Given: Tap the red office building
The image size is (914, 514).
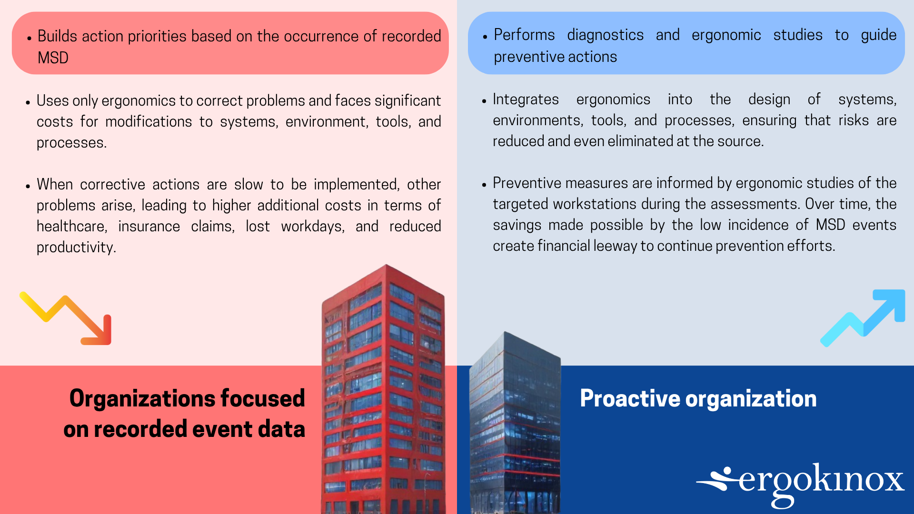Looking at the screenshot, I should point(383,390).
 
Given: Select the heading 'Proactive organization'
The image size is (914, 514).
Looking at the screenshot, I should point(698,398).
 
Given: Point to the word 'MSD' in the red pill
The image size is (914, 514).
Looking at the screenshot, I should point(53,58).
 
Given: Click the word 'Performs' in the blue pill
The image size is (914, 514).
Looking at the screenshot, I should point(524,35).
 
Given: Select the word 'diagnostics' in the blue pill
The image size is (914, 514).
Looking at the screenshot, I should point(605,35).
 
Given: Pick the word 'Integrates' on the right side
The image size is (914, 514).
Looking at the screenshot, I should point(526,99).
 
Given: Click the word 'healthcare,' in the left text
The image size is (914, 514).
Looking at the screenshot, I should point(72,226).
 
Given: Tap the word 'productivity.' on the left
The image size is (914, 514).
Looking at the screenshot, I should point(76,247).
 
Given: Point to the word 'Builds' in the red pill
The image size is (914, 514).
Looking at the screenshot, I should point(57,36).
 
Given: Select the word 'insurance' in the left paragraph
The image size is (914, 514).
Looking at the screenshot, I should point(149,226).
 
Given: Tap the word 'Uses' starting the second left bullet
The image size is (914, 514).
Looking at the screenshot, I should point(50,100).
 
